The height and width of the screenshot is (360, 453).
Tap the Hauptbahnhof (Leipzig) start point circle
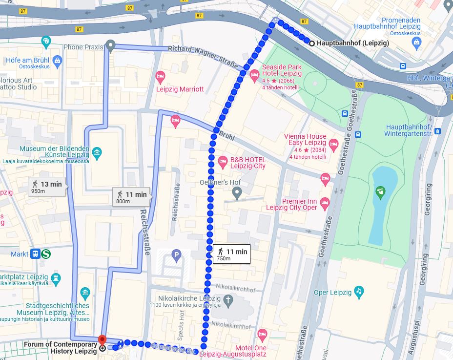[312, 43]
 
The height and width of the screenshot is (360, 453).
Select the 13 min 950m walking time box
[47, 186]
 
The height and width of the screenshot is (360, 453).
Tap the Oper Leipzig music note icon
[359, 292]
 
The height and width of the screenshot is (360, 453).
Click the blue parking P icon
[176, 254]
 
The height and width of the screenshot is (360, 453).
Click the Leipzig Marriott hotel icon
[160, 77]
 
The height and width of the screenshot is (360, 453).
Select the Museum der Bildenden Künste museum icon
[97, 153]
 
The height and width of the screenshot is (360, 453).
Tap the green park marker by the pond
[381, 192]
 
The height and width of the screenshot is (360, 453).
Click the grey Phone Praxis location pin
[110, 46]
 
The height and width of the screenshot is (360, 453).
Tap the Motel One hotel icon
[262, 335]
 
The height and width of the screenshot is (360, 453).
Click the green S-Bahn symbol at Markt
[47, 254]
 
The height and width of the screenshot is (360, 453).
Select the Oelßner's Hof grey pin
[237, 194]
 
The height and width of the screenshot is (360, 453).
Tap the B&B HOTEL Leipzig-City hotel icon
[223, 161]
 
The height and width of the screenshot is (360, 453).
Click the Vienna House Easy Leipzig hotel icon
[334, 144]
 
